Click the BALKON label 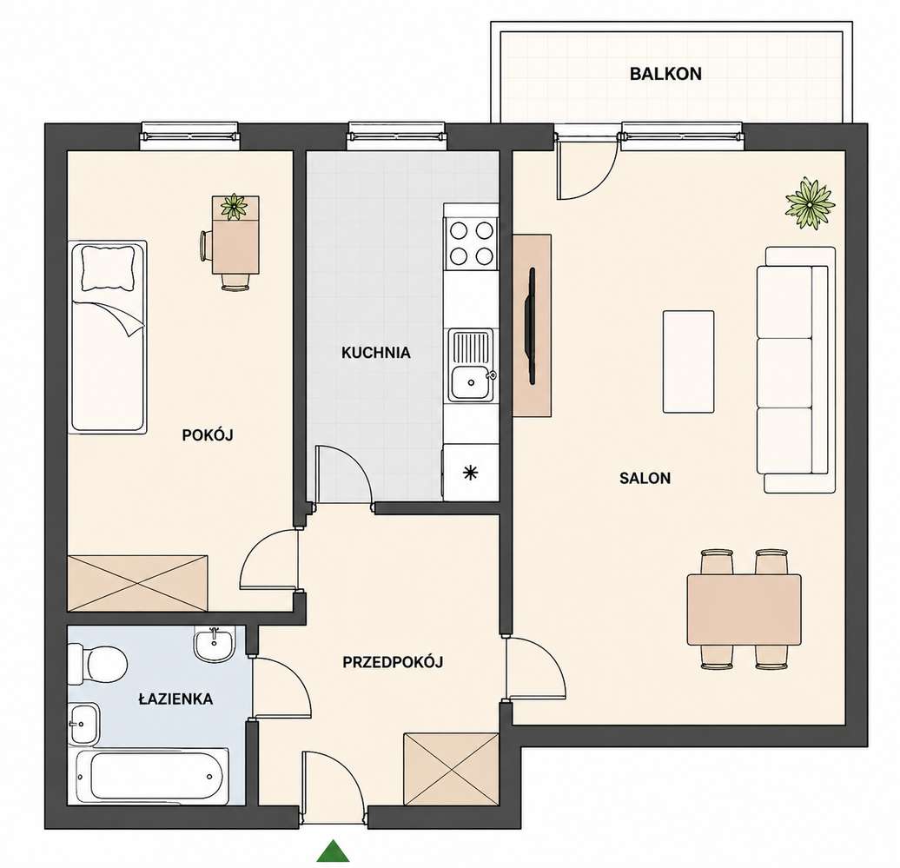click(665, 74)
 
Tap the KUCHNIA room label click(376, 353)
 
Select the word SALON click(645, 478)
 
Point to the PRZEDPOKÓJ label click(394, 662)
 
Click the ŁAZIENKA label click(175, 699)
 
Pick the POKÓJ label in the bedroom click(208, 435)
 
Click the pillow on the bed click(109, 268)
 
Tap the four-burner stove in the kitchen click(471, 242)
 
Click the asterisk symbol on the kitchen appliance click(471, 473)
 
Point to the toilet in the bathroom click(96, 665)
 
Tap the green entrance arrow click(333, 851)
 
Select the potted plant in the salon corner click(810, 204)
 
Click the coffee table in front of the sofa click(689, 361)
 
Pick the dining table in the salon click(744, 610)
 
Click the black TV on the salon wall click(532, 326)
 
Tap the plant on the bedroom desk click(233, 206)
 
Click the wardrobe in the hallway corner click(451, 769)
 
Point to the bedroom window click(190, 136)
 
